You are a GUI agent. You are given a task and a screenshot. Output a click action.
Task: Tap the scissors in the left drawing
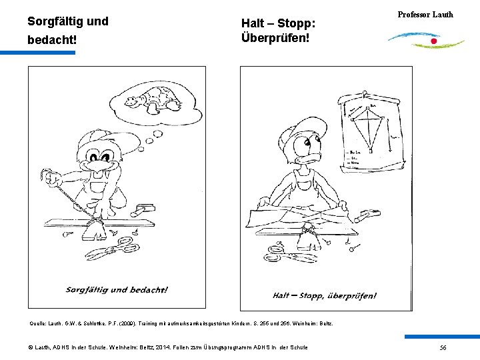[x=111, y=253]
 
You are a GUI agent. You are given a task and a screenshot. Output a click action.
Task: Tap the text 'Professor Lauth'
[x=425, y=15]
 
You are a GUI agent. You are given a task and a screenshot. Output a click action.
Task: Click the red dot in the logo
[x=434, y=41]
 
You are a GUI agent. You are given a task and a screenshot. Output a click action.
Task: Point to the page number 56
[x=443, y=347]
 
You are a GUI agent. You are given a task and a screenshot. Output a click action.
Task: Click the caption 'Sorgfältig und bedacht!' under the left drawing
[x=117, y=289]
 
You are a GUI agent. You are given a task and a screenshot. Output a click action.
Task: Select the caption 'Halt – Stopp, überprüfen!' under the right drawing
[x=325, y=295]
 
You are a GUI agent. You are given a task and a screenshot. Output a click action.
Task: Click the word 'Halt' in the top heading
[x=253, y=24]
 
